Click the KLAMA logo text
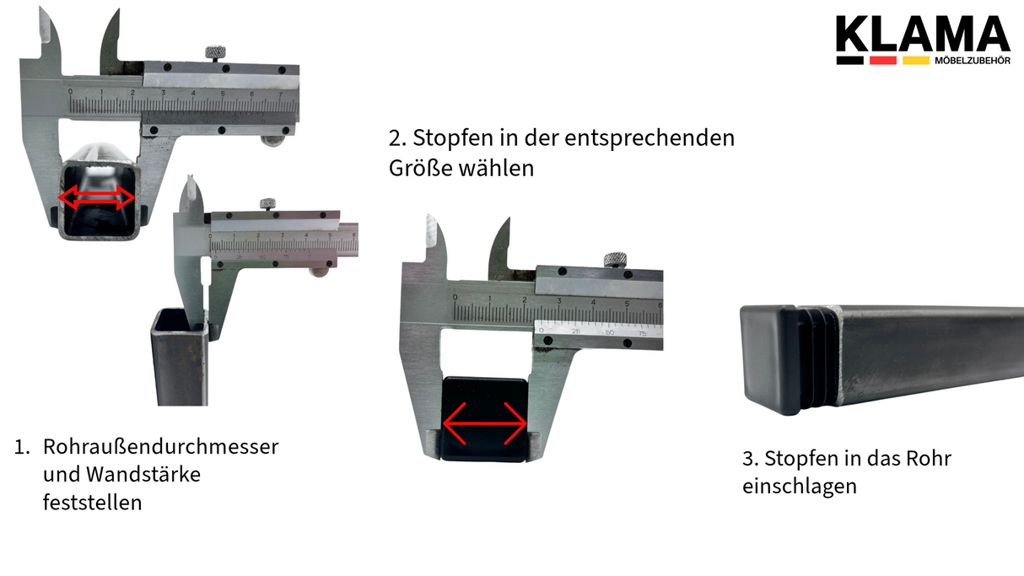click(922, 33)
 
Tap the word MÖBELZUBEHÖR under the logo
click(973, 61)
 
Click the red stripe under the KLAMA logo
click(882, 61)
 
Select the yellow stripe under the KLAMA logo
click(915, 61)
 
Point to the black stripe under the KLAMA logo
click(849, 61)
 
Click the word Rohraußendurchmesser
click(160, 446)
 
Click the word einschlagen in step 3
click(799, 487)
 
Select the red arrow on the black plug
click(485, 423)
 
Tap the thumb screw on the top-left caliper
click(217, 54)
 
